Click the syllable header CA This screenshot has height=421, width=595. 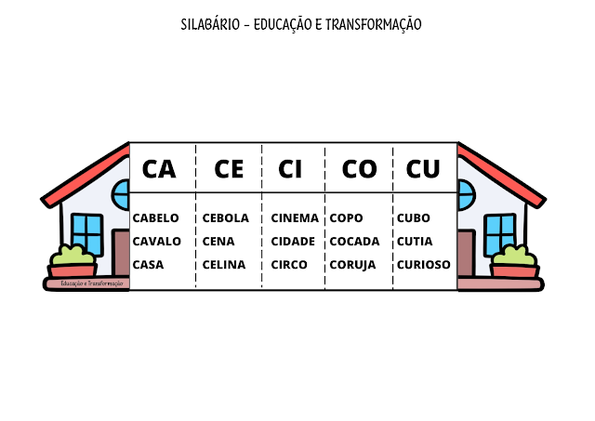(x=159, y=168)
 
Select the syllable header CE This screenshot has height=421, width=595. (x=229, y=168)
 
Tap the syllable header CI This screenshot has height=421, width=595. (x=290, y=168)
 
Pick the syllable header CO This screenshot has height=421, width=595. (x=359, y=168)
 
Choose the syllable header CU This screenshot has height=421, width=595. (x=423, y=168)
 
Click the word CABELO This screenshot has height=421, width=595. (x=156, y=218)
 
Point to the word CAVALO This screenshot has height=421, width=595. (x=157, y=241)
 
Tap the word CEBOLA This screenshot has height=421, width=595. (x=225, y=218)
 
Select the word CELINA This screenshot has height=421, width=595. (x=223, y=264)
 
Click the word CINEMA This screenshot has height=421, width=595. (x=295, y=218)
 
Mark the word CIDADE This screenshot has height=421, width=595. (x=294, y=241)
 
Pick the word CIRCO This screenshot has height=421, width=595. (x=289, y=264)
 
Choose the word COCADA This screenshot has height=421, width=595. (x=354, y=241)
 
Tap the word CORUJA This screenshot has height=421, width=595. (x=352, y=264)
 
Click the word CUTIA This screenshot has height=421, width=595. (x=415, y=241)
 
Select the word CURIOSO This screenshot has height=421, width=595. (x=423, y=264)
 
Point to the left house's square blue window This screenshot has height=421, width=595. (x=86, y=233)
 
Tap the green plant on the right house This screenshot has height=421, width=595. (x=514, y=255)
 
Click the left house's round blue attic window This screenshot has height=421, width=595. (x=122, y=196)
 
